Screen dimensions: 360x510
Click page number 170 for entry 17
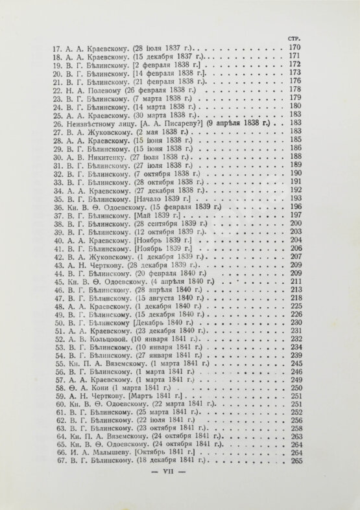point(295,48)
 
